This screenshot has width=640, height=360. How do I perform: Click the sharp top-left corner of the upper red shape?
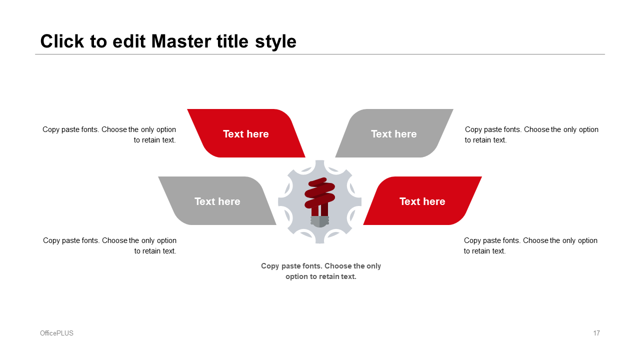point(187,109)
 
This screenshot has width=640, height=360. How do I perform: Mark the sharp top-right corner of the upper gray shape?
point(453,109)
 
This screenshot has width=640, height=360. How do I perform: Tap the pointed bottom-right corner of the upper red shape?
point(305,157)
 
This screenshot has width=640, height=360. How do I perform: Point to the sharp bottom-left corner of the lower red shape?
point(363,224)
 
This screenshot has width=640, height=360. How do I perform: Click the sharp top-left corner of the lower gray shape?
point(158,177)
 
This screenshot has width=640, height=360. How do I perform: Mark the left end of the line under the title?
point(35,54)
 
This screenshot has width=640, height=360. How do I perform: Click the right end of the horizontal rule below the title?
point(605,54)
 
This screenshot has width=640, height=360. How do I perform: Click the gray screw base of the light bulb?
point(319,221)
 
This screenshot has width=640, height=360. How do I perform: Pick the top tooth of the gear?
point(319,165)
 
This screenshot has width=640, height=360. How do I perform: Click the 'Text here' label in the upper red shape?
point(245,134)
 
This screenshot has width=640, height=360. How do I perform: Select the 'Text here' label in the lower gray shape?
point(217,201)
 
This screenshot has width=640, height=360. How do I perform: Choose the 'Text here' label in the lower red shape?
point(422,201)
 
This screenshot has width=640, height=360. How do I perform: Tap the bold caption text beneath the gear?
point(321,271)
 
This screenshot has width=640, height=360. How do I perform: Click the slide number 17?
point(596,333)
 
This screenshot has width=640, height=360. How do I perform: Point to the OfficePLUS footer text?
point(56,333)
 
